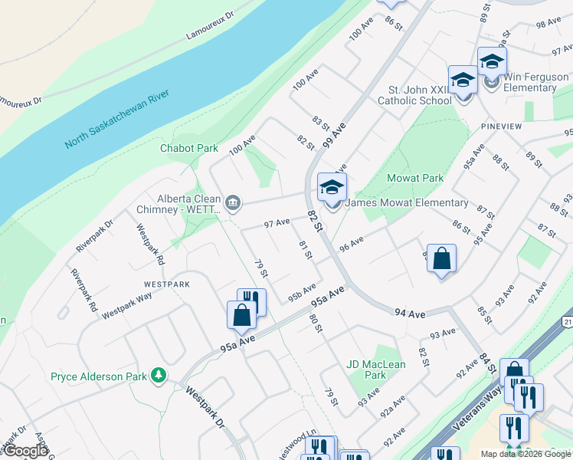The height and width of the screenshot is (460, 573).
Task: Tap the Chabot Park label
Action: pos(189,149)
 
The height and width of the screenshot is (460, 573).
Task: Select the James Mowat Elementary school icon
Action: pos(332,188)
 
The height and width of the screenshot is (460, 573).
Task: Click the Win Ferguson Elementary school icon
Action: pos(492,62)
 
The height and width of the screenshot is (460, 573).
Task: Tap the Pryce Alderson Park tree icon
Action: pos(159,376)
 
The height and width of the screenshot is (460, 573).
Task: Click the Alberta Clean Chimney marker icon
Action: pos(234,203)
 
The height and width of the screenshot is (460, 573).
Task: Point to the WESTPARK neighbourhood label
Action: pos(166,284)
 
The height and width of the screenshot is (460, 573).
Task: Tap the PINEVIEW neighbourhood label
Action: pos(501,126)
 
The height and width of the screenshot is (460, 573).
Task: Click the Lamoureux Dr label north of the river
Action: pos(209,26)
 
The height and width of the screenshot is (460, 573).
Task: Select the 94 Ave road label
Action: pos(410,313)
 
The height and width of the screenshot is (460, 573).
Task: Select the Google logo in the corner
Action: pos(26,451)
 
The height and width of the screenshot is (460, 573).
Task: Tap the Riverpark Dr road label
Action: pos(94,236)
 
